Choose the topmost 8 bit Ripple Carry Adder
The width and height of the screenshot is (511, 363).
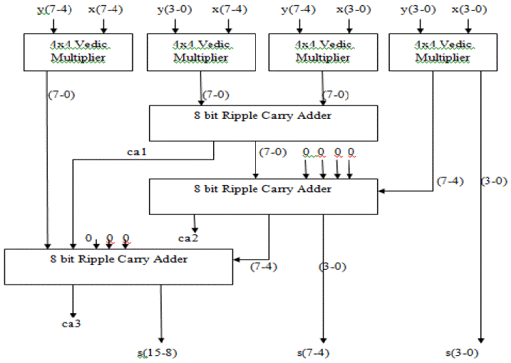(262, 122)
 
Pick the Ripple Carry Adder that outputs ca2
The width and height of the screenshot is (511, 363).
(262, 196)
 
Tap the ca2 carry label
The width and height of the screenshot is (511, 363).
(188, 237)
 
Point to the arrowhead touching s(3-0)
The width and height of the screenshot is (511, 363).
(482, 340)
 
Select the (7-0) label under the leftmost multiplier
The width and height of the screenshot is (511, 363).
(59, 93)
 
